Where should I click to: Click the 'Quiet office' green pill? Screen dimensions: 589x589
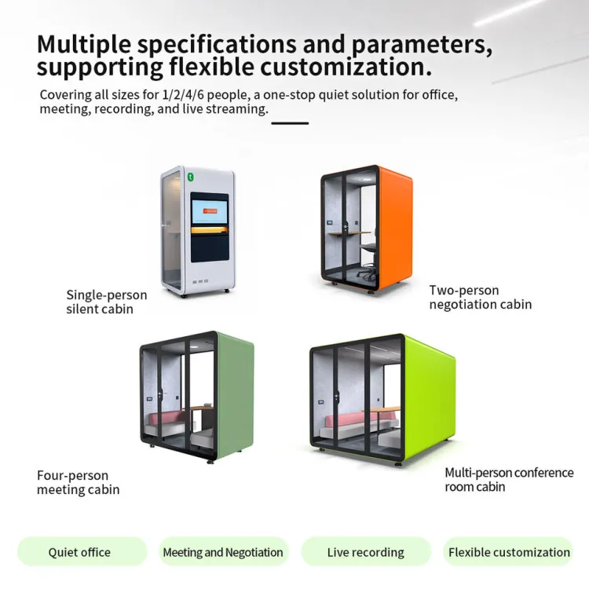[x=82, y=552]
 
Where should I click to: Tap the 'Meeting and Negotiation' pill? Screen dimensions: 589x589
[x=224, y=552]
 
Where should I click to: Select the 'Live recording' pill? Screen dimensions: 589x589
[x=365, y=552]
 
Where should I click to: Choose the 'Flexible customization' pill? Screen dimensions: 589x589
[x=508, y=552]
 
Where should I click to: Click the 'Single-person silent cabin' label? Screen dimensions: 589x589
[x=106, y=302]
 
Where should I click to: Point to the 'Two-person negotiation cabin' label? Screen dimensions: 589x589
[x=481, y=297]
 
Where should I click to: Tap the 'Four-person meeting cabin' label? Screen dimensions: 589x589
[x=78, y=482]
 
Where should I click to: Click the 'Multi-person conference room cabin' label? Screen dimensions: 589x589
[x=509, y=479]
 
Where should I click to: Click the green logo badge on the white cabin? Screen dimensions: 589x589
[x=191, y=177]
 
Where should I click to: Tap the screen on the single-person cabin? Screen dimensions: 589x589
[x=210, y=212]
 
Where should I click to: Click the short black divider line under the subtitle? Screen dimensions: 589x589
[x=290, y=123]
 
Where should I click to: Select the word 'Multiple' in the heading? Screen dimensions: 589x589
[x=84, y=45]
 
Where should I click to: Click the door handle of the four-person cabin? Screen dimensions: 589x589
[x=160, y=394]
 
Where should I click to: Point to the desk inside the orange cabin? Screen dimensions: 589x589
[x=349, y=234]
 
